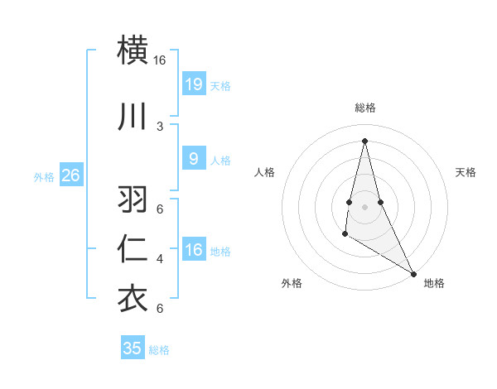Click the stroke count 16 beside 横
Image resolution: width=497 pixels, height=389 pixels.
tap(160, 60)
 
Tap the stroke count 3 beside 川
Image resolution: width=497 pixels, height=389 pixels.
tap(160, 127)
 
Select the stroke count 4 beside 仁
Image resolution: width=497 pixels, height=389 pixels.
tap(160, 259)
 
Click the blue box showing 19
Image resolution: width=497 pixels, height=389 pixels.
tap(193, 84)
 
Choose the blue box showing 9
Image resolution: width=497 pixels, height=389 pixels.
tap(193, 158)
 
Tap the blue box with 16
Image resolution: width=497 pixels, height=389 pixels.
tap(193, 249)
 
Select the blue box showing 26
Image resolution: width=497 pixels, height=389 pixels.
tap(71, 175)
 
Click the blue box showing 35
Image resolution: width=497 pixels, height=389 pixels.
tap(133, 348)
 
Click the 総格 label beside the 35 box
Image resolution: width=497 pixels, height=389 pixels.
tap(159, 350)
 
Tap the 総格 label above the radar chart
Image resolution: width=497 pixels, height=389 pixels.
tap(364, 108)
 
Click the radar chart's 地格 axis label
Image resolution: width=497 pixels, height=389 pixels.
tap(434, 283)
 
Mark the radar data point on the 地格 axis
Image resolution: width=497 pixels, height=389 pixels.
tap(414, 273)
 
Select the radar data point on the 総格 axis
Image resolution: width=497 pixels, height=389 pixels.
tap(364, 141)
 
